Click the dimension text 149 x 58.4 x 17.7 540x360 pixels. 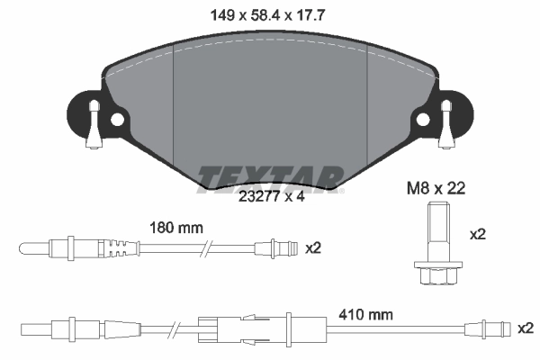click(270, 14)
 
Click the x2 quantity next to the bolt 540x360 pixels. click(477, 233)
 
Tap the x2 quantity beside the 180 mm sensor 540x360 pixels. click(314, 247)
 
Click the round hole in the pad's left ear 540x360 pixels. click(116, 119)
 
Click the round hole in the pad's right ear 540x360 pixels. click(422, 119)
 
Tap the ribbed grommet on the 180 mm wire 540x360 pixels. click(114, 247)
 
